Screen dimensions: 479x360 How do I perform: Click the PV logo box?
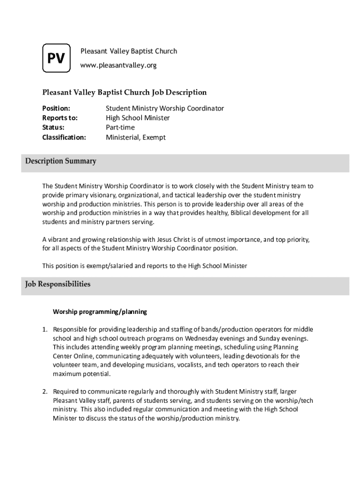pyautogui.click(x=56, y=58)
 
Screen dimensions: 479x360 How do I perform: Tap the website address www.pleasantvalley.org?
pyautogui.click(x=118, y=65)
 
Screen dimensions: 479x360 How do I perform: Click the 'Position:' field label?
pyautogui.click(x=56, y=108)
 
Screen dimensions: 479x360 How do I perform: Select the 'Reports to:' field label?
pyautogui.click(x=60, y=118)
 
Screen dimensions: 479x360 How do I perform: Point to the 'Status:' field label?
pyautogui.click(x=53, y=127)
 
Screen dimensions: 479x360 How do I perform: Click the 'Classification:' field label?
pyautogui.click(x=64, y=138)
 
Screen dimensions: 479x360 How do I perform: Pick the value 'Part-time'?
pyautogui.click(x=120, y=127)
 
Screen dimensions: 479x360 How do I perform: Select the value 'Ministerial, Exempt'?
pyautogui.click(x=136, y=138)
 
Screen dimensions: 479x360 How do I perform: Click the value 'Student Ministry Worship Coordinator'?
pyautogui.click(x=165, y=108)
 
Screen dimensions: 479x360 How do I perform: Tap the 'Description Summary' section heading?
pyautogui.click(x=61, y=161)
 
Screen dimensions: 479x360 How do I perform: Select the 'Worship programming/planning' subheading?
pyautogui.click(x=100, y=311)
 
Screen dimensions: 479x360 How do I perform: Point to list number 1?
pyautogui.click(x=45, y=329)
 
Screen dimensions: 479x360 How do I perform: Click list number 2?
pyautogui.click(x=45, y=391)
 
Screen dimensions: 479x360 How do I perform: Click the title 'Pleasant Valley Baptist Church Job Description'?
pyautogui.click(x=124, y=93)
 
